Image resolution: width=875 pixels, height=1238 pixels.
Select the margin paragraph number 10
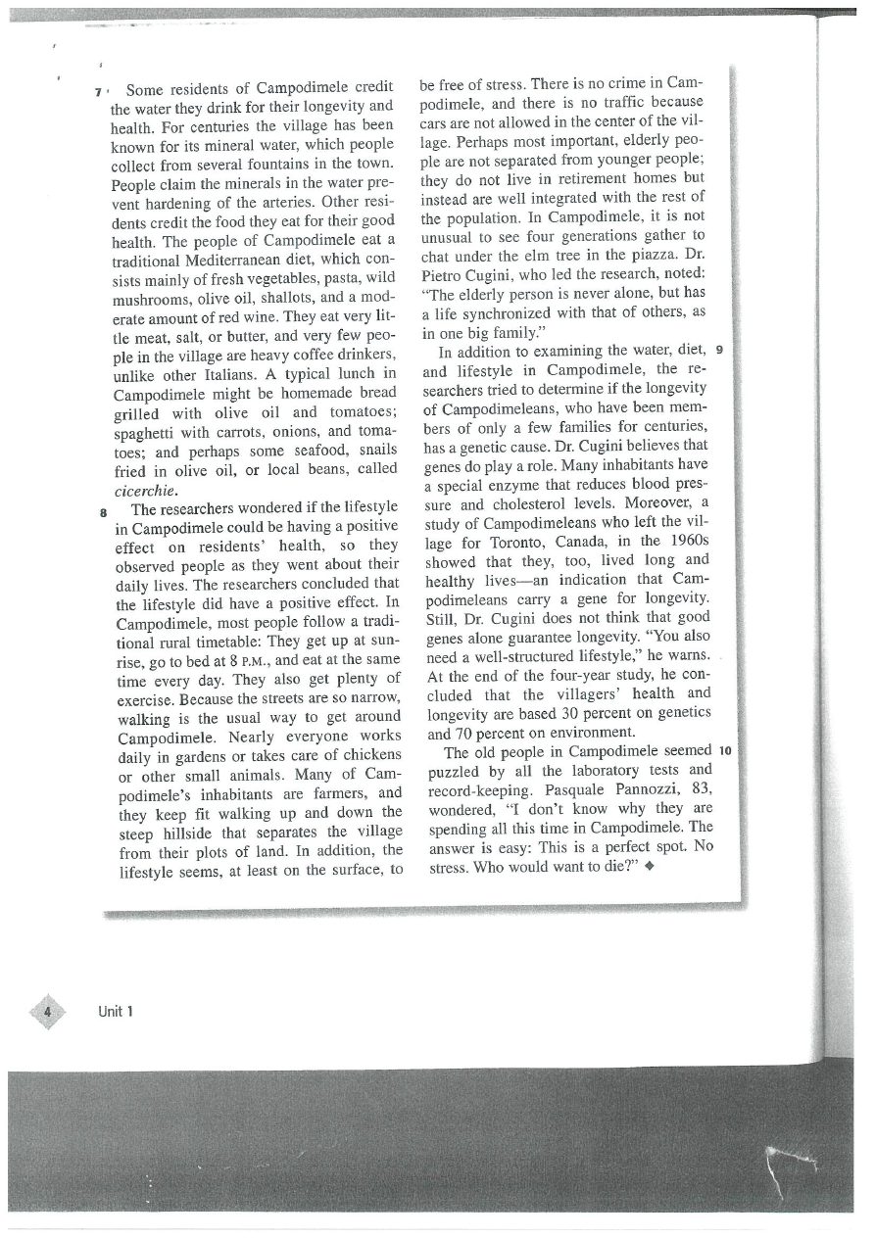(x=726, y=751)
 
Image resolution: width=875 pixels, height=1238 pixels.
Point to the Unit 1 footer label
(x=116, y=1011)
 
